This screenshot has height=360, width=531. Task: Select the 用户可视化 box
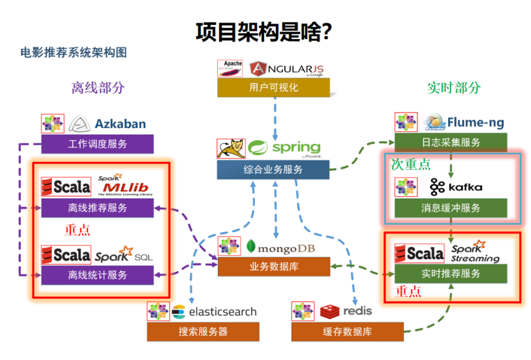(x=273, y=88)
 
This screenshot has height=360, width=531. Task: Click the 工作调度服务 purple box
(x=97, y=144)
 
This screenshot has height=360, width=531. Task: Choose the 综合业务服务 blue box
(x=273, y=169)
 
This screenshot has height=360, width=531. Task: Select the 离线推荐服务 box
(x=97, y=208)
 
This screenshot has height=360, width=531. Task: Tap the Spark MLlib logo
(x=125, y=186)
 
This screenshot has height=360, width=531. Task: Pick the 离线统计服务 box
(x=97, y=275)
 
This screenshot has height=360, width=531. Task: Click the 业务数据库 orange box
(x=273, y=267)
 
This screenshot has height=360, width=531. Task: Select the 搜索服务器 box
(x=203, y=332)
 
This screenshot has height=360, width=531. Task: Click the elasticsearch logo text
(x=214, y=312)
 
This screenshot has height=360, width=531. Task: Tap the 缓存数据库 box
(x=348, y=332)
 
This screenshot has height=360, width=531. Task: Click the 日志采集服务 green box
(x=450, y=142)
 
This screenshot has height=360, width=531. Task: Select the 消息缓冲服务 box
(x=450, y=208)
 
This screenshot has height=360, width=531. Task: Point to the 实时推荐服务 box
(x=450, y=274)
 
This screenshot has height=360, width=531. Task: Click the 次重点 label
(x=410, y=164)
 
